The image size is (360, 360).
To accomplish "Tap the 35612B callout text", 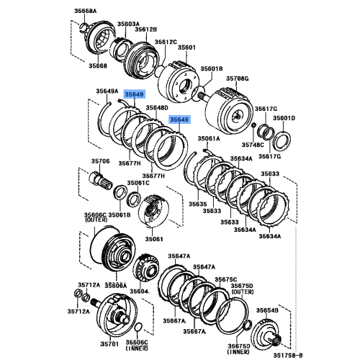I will [145, 30].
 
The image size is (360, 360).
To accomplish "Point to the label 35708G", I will [237, 77].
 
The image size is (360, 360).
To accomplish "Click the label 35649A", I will [107, 91].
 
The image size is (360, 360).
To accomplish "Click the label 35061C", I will [138, 183].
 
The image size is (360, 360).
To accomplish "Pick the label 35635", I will [197, 204].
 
